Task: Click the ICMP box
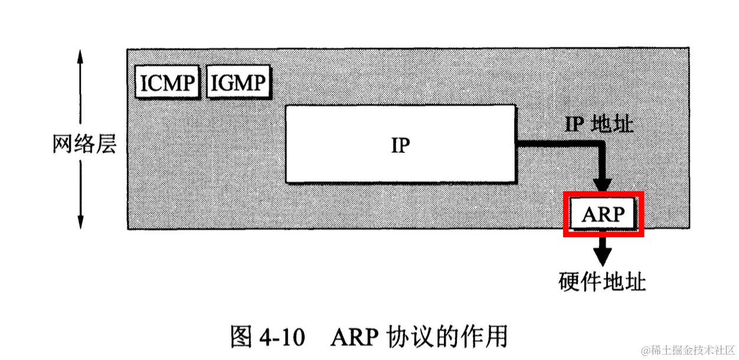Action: pos(166,82)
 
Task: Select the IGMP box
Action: pos(237,82)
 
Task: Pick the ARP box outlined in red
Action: pos(603,214)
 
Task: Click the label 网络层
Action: pos(84,143)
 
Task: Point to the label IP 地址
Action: pos(599,124)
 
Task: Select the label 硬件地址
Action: pos(602,282)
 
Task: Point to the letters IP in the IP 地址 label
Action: pos(574,124)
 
